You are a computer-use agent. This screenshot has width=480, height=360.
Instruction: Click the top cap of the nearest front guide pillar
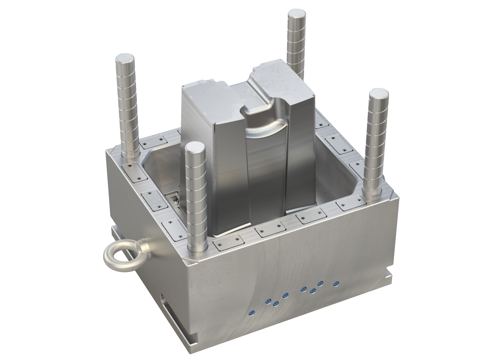(x=194, y=147)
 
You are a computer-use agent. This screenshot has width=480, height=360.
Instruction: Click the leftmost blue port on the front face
(x=252, y=313)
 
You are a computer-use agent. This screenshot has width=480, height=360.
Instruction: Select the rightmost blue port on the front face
(x=336, y=284)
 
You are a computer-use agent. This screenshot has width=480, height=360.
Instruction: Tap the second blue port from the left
(x=267, y=301)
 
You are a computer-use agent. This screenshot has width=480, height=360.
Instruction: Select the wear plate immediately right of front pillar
(x=227, y=242)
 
